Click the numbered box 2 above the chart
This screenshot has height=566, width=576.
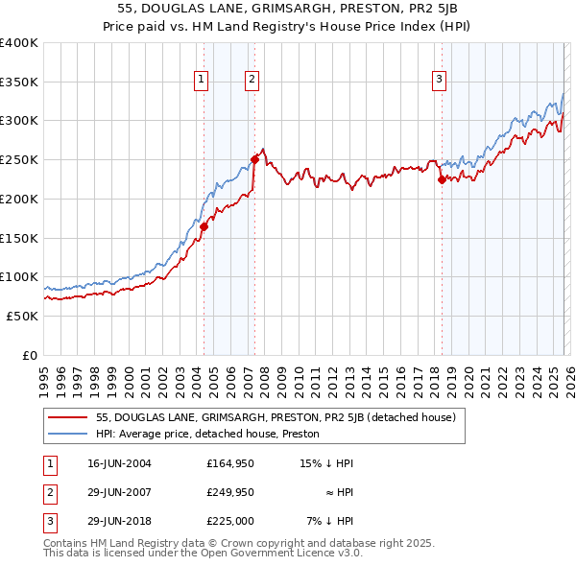coord(252,80)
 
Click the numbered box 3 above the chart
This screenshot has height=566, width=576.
coord(439,80)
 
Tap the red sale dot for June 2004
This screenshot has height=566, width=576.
coord(204,227)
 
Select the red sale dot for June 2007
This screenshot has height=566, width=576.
coord(254,160)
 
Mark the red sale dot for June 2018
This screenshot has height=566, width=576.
coord(441,178)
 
